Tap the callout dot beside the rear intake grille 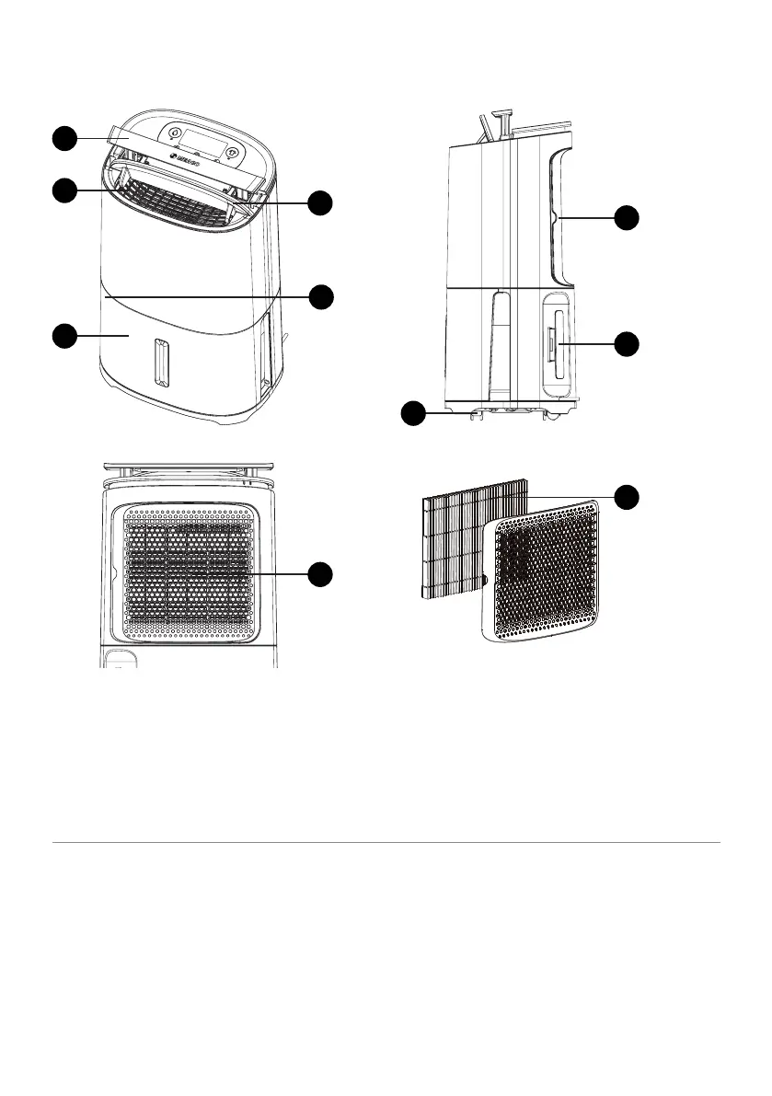[319, 573]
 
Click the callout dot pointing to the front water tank [63, 336]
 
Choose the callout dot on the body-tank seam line [319, 296]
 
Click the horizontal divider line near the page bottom [386, 841]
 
